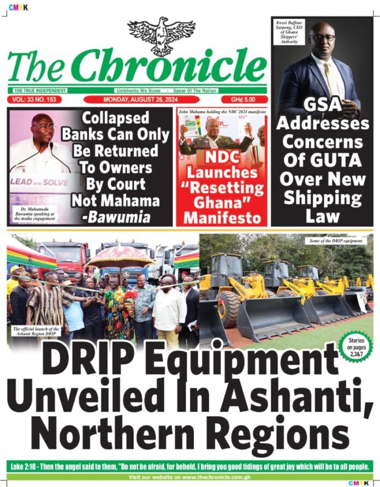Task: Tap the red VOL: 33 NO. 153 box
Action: coord(34,100)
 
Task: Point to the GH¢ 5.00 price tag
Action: coord(245,100)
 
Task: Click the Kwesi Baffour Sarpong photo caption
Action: coord(288,33)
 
